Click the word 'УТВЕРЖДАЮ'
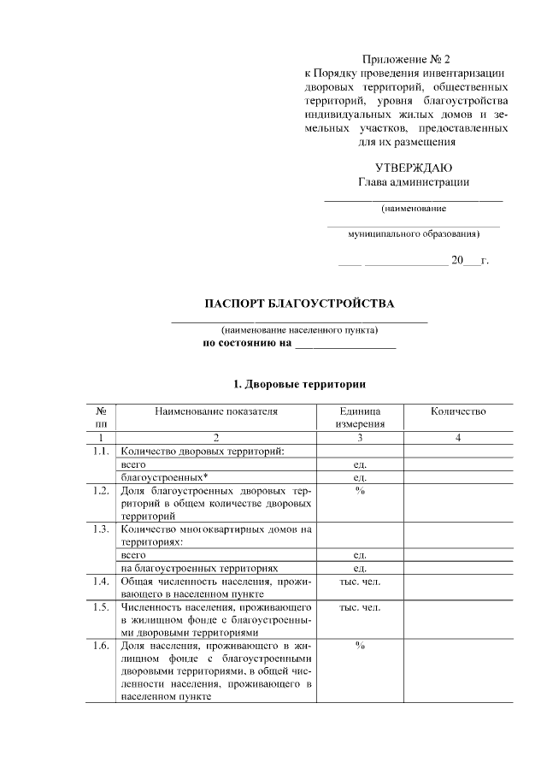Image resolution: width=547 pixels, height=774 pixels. (414, 167)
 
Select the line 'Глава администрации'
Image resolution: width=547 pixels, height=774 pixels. (414, 181)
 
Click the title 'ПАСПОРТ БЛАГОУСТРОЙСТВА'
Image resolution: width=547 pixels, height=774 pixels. (300, 304)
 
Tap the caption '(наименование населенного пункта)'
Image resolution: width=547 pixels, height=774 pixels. (299, 330)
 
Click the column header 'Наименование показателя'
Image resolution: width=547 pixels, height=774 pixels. (216, 411)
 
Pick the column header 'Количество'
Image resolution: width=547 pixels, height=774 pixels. (458, 411)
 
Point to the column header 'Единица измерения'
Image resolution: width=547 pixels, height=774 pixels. (360, 417)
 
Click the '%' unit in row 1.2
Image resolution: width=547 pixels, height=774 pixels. (360, 491)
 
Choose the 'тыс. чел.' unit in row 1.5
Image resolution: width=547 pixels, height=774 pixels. (360, 607)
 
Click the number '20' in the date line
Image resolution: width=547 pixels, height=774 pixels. (456, 258)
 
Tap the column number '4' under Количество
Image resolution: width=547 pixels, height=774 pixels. (458, 438)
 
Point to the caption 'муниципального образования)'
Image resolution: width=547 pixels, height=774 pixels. (414, 233)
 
